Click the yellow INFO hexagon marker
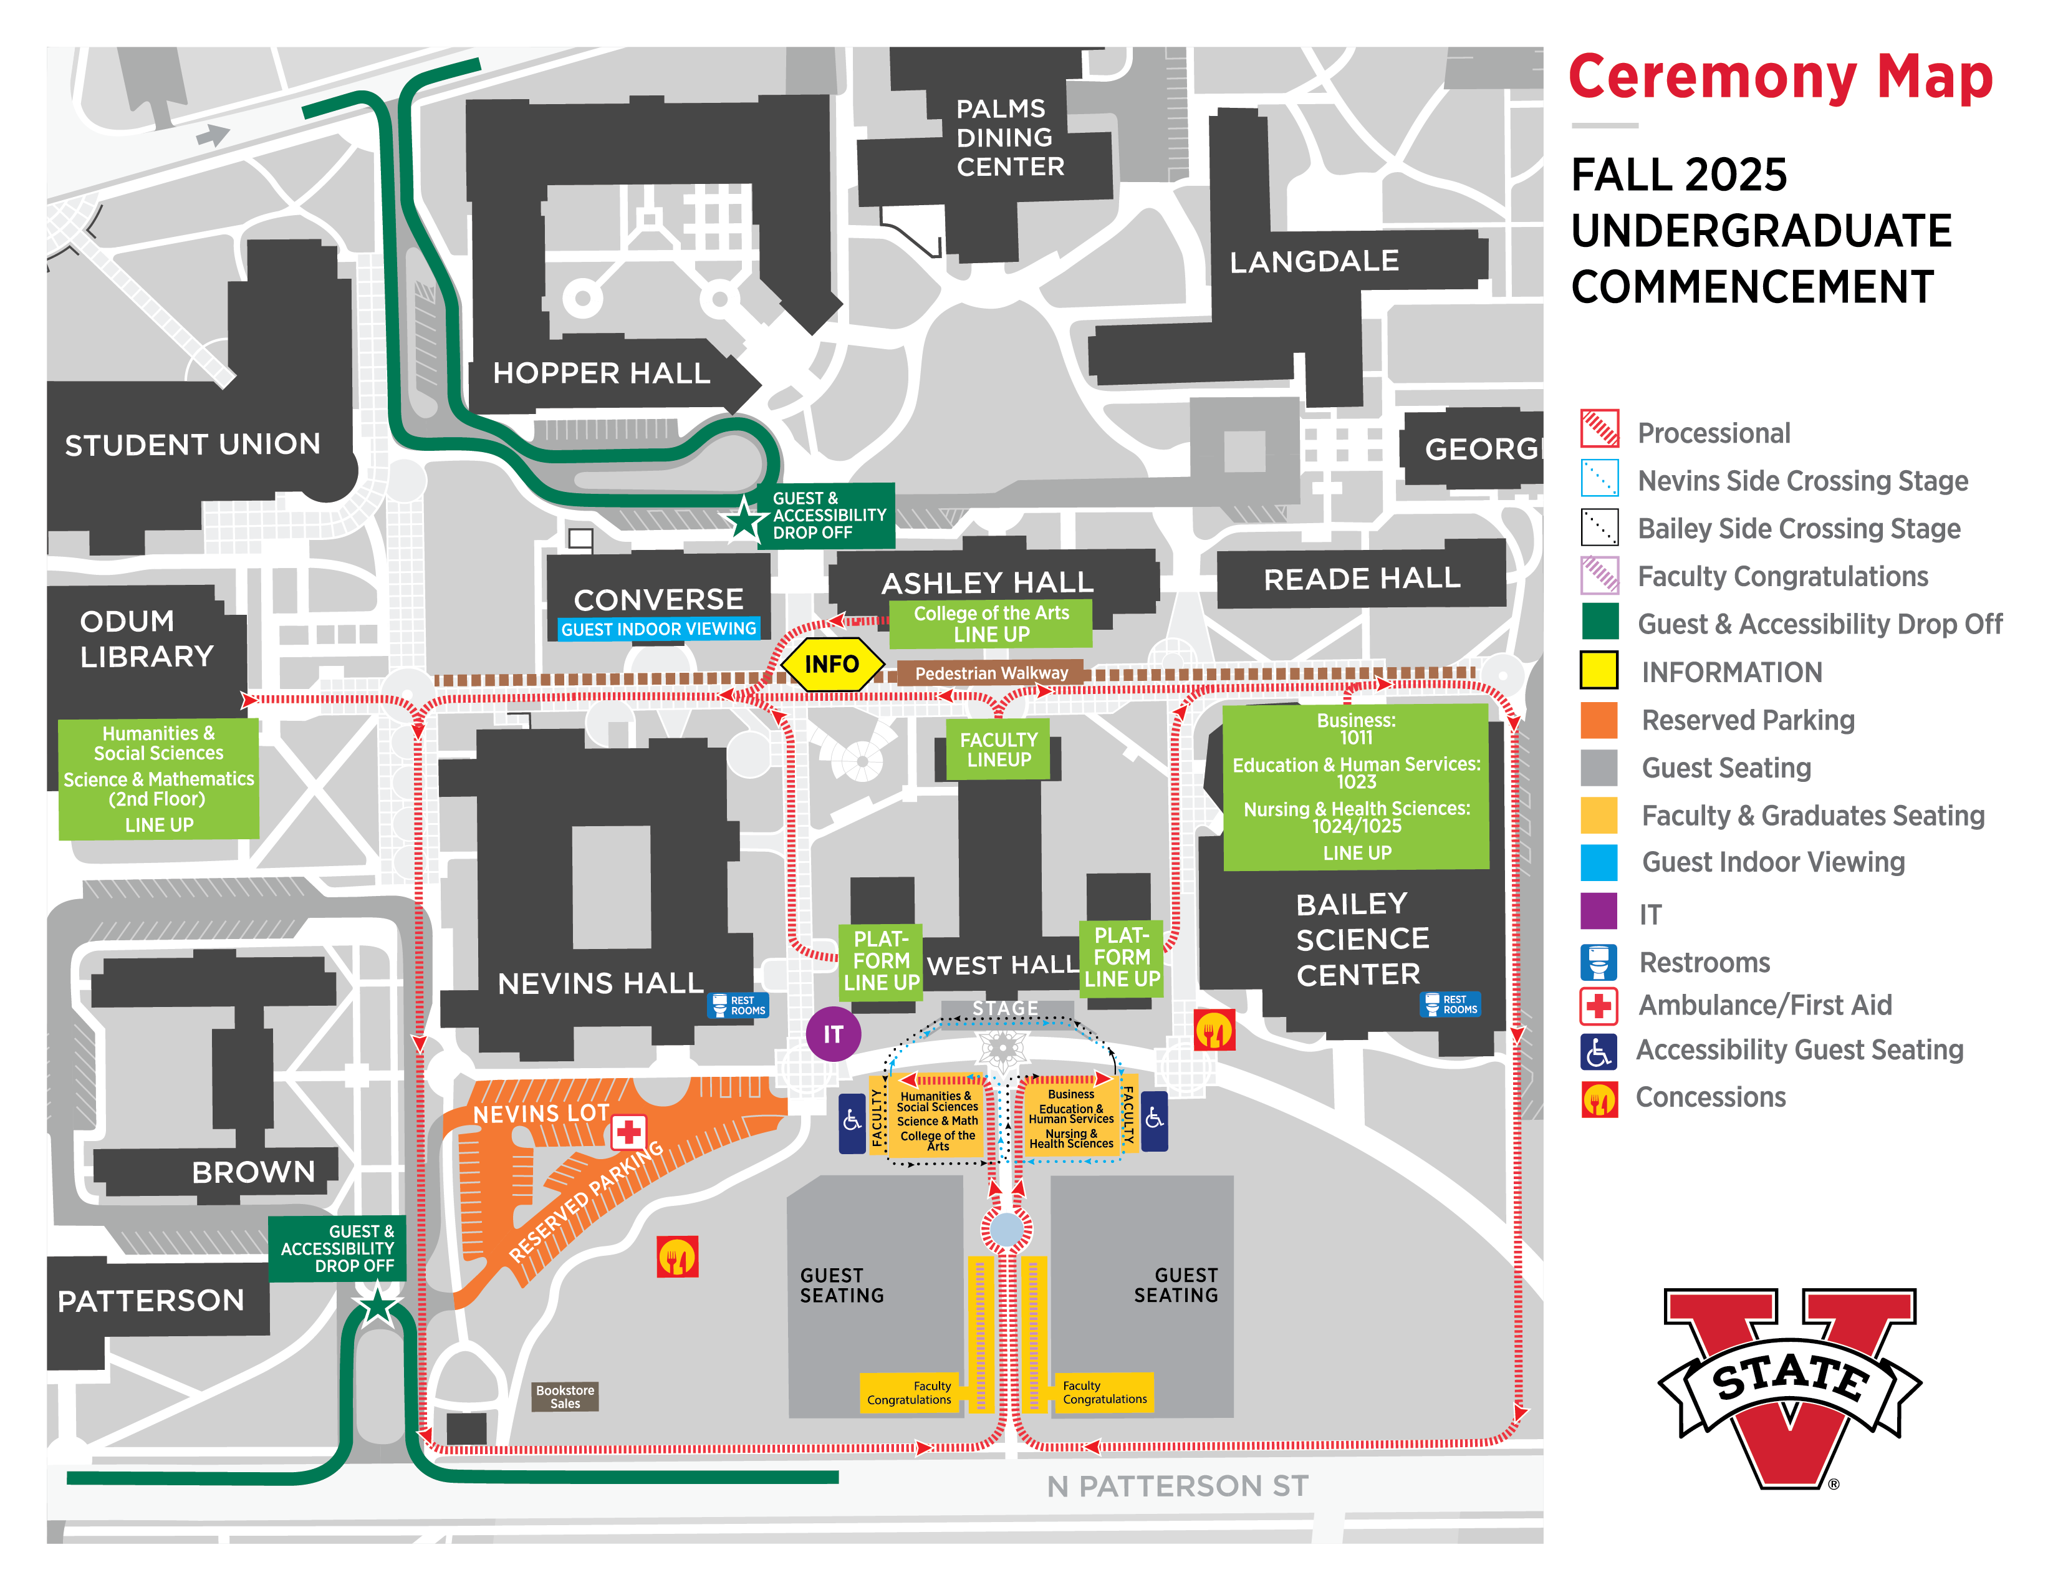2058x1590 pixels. tap(831, 665)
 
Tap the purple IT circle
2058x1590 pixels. tap(833, 1034)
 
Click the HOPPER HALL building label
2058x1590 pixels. tap(601, 373)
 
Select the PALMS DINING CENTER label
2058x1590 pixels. tap(1009, 138)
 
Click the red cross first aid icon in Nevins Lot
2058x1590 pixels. tap(628, 1131)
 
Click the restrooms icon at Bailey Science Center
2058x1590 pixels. tap(1450, 1005)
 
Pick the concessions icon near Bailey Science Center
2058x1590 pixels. tap(1214, 1030)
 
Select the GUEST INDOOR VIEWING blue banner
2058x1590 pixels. tap(659, 629)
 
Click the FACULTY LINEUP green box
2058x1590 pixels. tap(998, 749)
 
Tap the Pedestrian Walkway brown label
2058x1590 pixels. tap(991, 673)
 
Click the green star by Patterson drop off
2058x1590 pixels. tap(378, 1306)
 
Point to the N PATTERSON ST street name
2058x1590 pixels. tap(1177, 1486)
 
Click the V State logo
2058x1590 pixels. tap(1789, 1385)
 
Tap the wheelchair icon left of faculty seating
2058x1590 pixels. tap(852, 1122)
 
